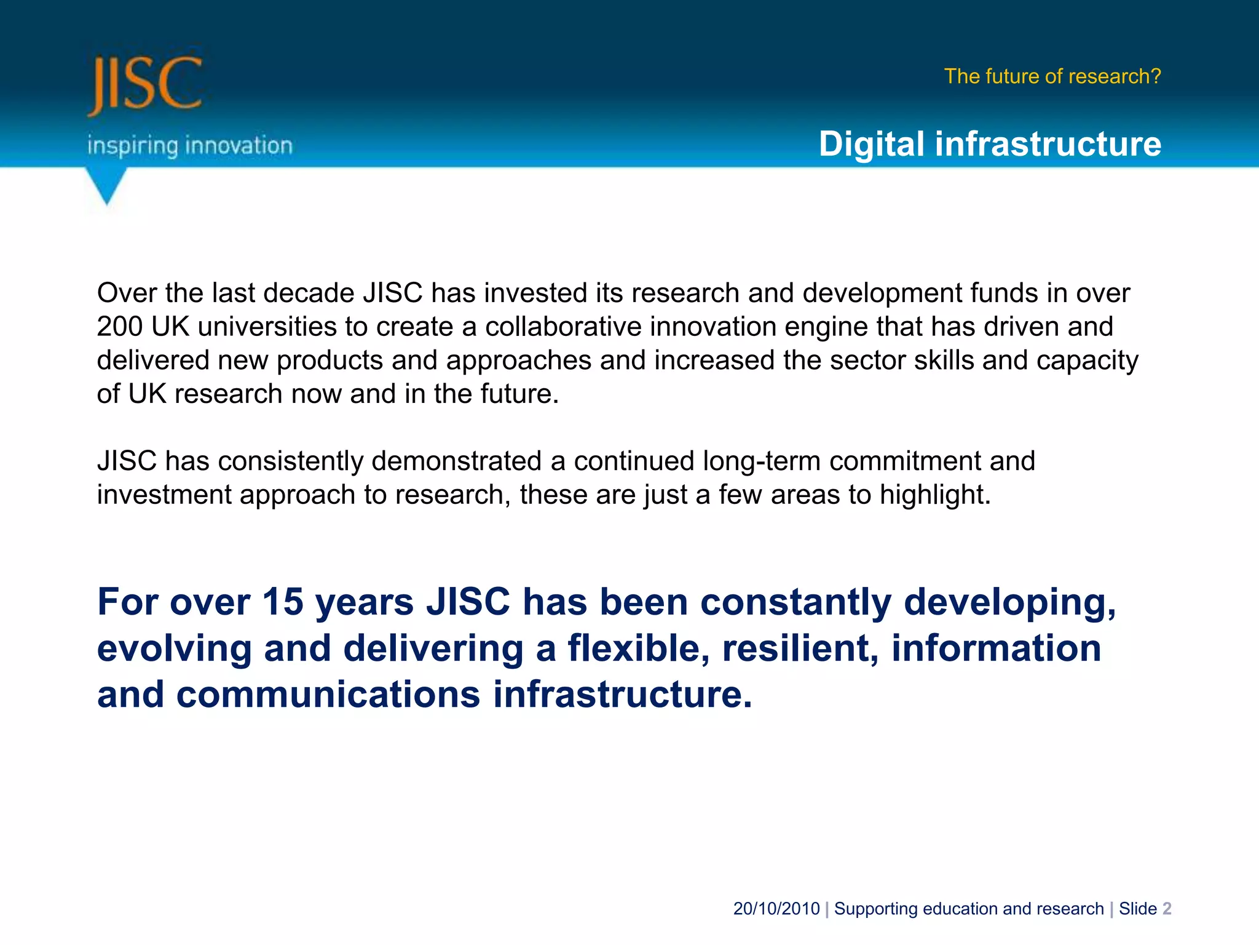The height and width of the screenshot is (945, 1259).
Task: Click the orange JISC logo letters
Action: tap(145, 85)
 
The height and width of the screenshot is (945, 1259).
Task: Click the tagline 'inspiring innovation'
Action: tap(189, 146)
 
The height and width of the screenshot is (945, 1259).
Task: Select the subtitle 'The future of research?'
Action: tap(1052, 76)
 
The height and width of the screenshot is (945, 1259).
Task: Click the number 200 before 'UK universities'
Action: tap(120, 327)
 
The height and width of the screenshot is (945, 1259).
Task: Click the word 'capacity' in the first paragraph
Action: tap(1087, 361)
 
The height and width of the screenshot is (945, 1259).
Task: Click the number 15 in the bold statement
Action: tap(283, 602)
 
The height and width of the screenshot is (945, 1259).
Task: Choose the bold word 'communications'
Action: tap(328, 695)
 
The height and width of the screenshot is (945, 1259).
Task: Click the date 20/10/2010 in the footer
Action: tap(776, 909)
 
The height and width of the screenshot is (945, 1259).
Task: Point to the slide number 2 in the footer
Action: tap(1167, 909)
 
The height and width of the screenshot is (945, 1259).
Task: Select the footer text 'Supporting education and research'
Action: tap(969, 909)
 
